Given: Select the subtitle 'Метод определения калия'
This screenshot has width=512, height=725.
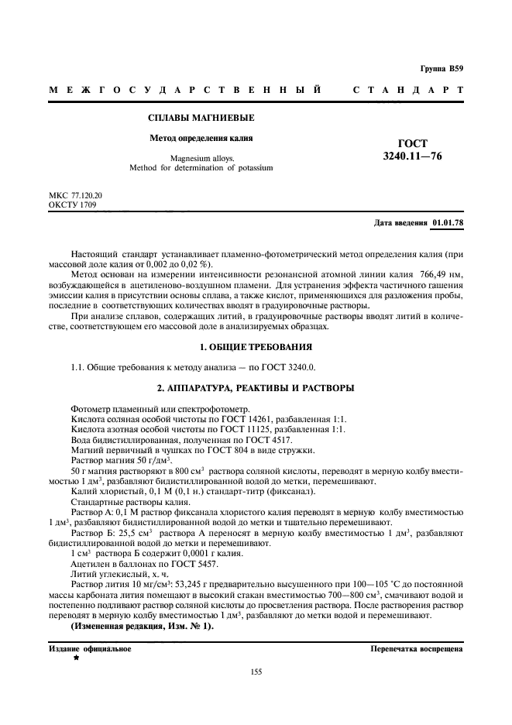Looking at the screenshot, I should point(201,139).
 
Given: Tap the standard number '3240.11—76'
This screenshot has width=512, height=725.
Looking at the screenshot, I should point(412,156).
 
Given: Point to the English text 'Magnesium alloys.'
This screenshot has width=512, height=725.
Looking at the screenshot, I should point(201,158).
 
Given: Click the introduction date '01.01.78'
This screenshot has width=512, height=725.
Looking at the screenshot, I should point(448,223).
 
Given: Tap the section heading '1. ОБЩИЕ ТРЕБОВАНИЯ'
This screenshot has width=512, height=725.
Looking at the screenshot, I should point(256,346).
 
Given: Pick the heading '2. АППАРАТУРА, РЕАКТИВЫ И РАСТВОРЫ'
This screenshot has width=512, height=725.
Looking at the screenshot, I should point(256,387).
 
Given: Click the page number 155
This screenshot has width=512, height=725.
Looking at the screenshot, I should point(256,672).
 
